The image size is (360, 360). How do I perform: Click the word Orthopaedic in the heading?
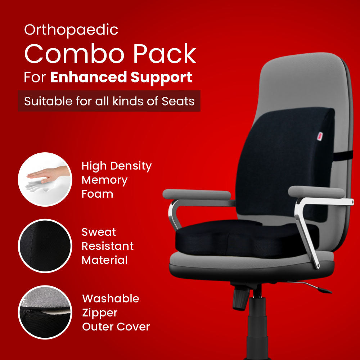(71, 30)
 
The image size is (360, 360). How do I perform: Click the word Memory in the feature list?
(104, 180)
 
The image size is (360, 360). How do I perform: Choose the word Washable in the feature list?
(111, 299)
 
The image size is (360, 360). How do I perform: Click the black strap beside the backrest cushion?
(342, 156)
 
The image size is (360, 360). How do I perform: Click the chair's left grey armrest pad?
(197, 194)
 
